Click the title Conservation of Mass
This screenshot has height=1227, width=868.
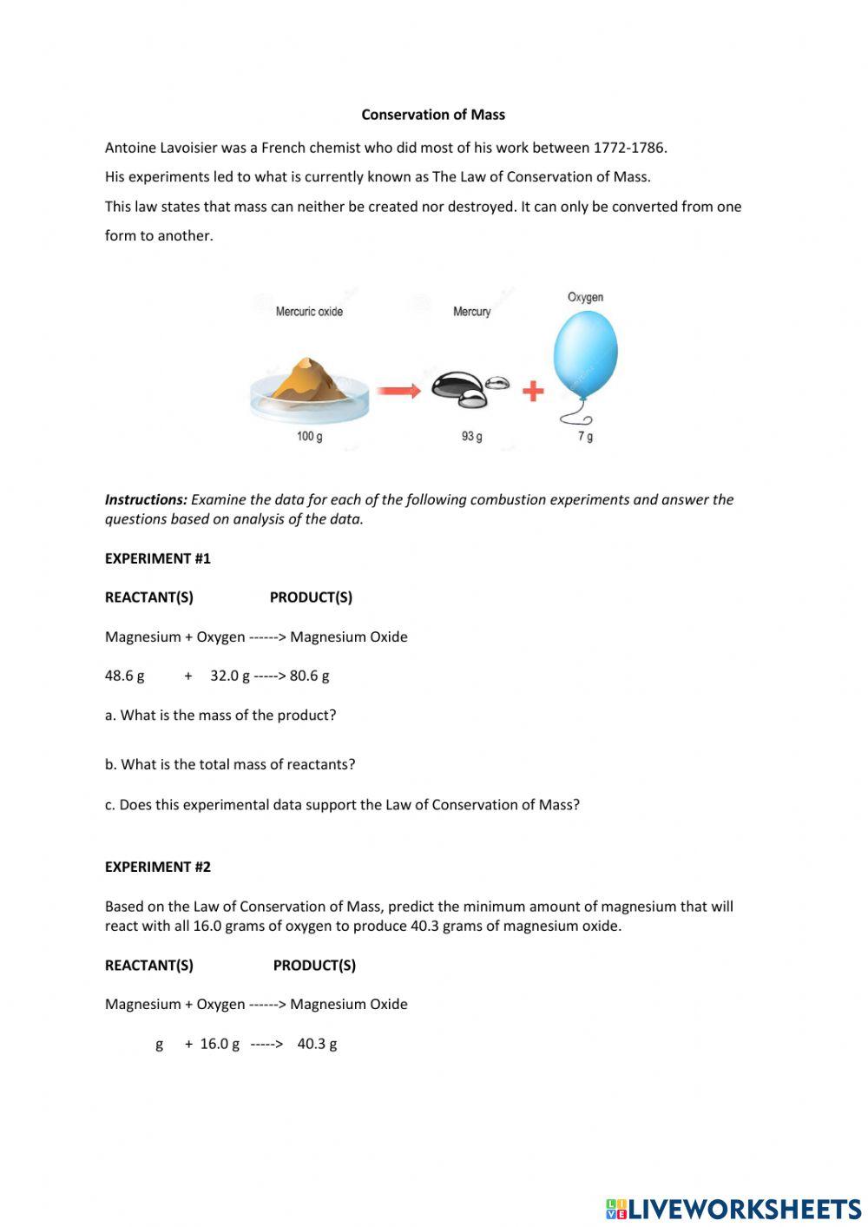[x=433, y=115]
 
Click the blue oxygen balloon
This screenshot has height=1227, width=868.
[x=586, y=354]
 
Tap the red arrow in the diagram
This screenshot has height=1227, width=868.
[x=398, y=392]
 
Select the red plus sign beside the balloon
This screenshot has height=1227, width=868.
[x=533, y=392]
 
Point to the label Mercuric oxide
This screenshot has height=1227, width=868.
[x=309, y=312]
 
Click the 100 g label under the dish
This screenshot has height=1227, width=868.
[x=309, y=436]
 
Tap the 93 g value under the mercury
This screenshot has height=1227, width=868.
[x=471, y=436]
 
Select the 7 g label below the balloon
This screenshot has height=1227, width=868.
[x=586, y=436]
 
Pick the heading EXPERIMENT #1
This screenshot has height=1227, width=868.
[x=158, y=558]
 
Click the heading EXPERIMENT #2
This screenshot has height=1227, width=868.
[x=158, y=867]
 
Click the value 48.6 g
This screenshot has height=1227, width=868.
[x=125, y=676]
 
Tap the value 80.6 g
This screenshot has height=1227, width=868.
[x=309, y=676]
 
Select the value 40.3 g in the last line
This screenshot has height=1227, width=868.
[x=317, y=1044]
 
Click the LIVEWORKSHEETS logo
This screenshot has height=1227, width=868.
[x=733, y=1209]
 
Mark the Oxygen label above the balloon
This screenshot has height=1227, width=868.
[x=585, y=297]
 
